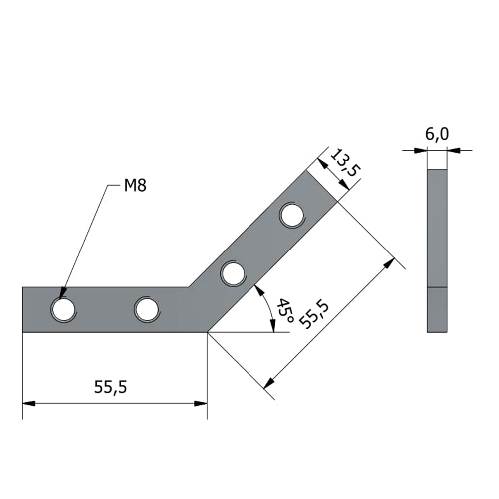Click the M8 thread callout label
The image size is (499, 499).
tap(135, 185)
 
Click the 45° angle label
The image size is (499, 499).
tap(285, 310)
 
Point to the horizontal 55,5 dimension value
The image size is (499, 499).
tap(110, 387)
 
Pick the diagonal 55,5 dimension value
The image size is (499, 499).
tap(314, 315)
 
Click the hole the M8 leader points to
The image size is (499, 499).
tap(64, 310)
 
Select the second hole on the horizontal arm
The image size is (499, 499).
tap(147, 310)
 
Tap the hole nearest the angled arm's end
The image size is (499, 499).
tap(292, 215)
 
